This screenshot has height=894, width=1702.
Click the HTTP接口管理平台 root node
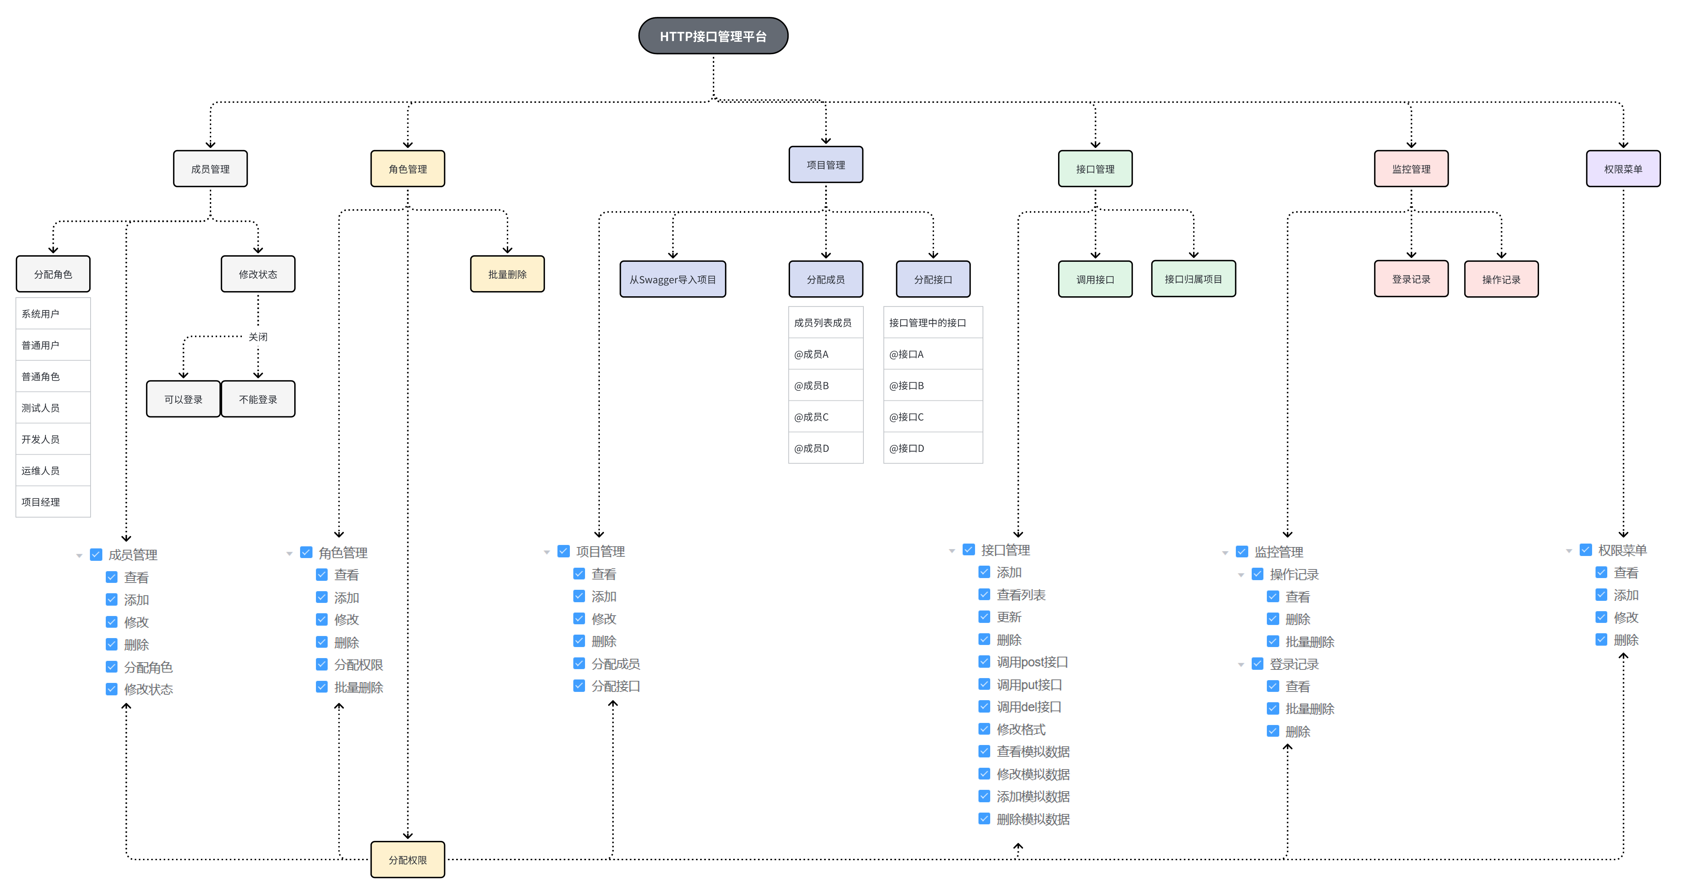point(713,36)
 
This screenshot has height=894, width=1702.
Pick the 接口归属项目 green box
point(1193,279)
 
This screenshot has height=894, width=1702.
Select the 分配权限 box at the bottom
point(408,860)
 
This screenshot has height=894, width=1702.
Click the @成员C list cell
point(825,417)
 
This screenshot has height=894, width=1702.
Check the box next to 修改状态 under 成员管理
point(112,689)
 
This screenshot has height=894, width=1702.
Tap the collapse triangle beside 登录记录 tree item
point(1241,665)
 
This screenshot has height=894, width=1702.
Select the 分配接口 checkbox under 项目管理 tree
point(579,686)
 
